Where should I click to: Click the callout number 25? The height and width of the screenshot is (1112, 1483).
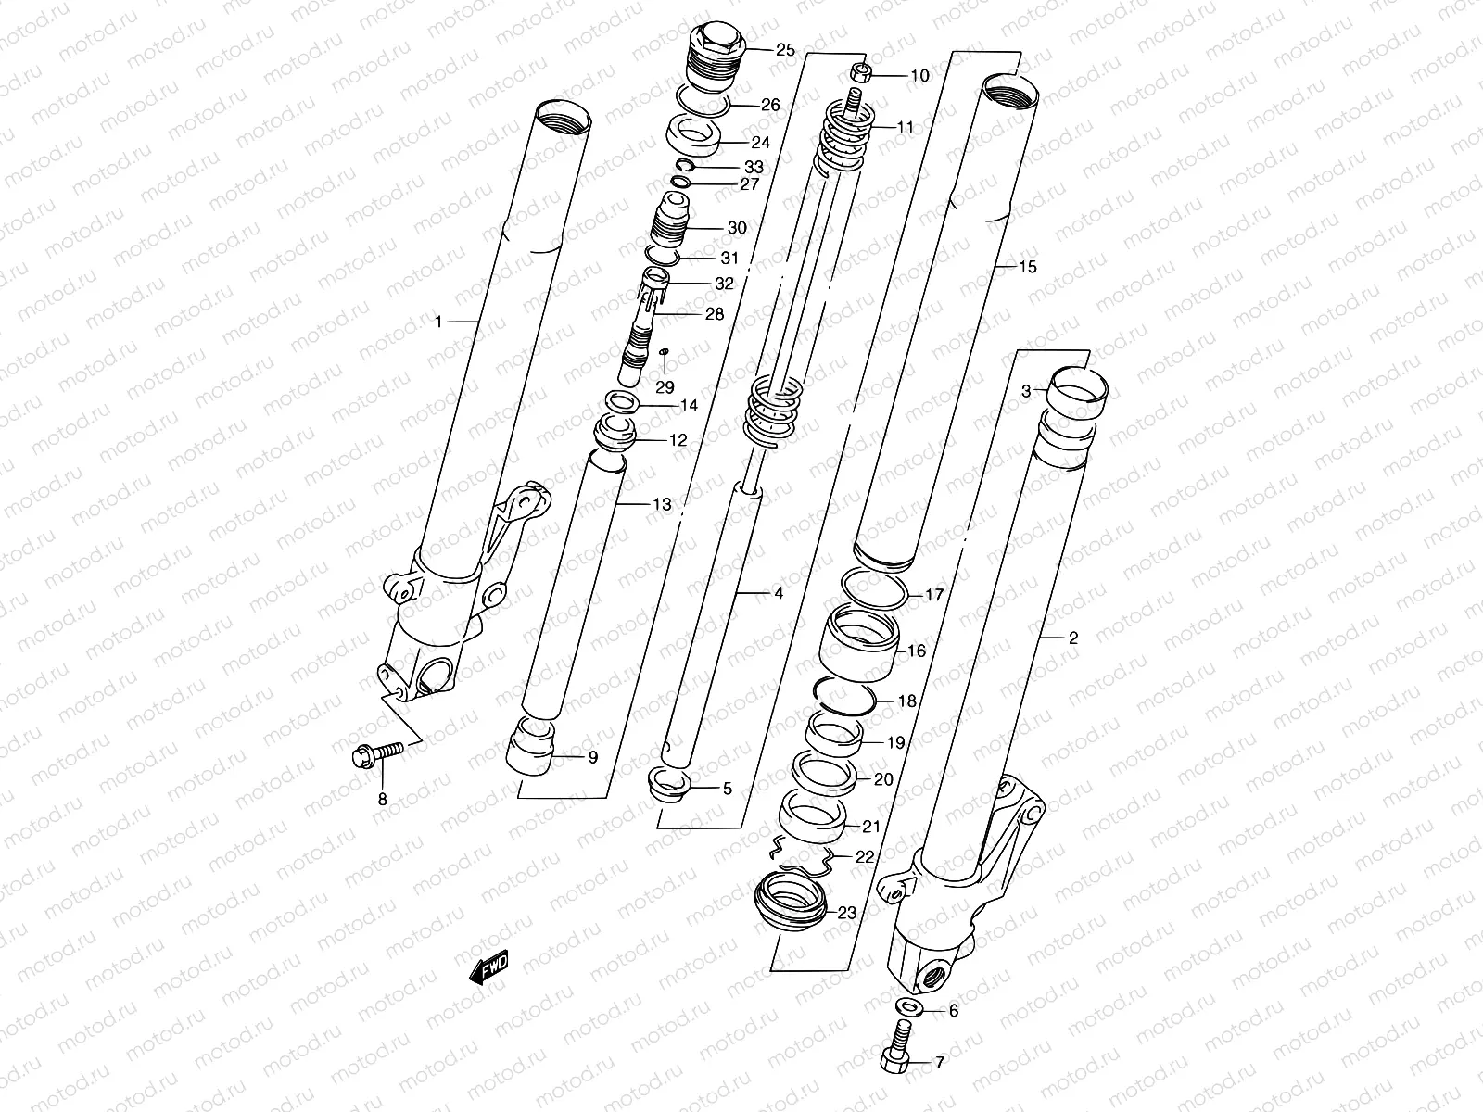785,51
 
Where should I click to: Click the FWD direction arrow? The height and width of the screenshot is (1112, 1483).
489,969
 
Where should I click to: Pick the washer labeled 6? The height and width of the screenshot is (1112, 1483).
909,1009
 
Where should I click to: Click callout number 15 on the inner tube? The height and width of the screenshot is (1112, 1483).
1027,268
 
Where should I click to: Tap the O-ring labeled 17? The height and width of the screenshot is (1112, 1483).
877,593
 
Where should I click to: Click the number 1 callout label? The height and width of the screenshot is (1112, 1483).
439,322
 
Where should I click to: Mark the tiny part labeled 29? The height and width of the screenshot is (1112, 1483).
664,355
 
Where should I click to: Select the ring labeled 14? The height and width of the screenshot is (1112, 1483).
626,403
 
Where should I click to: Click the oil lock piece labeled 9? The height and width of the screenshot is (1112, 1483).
531,748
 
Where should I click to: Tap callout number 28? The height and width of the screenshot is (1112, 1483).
714,315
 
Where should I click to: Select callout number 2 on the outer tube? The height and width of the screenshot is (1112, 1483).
1073,638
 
